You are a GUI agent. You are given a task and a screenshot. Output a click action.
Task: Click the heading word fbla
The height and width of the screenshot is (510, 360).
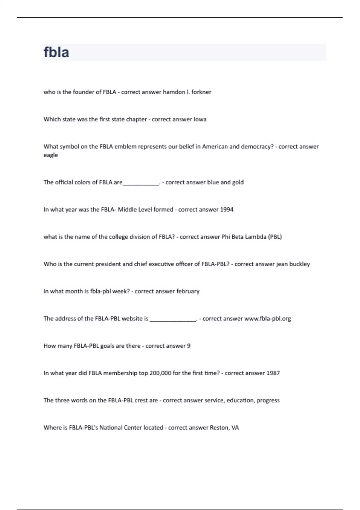(56, 52)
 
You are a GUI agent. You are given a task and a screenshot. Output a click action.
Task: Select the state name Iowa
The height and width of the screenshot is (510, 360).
(200, 119)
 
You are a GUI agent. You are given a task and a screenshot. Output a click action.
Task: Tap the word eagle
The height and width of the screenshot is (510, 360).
(51, 155)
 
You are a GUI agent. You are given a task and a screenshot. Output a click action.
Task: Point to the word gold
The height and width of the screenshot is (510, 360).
(238, 182)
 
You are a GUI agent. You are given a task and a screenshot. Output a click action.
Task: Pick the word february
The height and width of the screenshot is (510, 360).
(188, 291)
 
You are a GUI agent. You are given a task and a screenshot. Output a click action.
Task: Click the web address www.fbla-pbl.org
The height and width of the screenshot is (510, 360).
(268, 319)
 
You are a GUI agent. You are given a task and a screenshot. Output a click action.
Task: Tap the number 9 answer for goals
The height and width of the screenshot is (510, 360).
(189, 346)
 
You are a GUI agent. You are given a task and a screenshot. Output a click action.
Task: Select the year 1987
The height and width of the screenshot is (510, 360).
(273, 373)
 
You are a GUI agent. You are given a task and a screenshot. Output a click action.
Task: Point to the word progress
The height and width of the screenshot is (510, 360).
(268, 400)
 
